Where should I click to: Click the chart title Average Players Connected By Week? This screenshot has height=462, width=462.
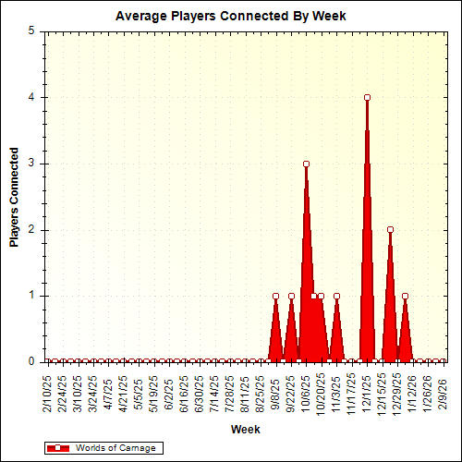231,17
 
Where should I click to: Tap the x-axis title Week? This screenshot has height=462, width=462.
246,429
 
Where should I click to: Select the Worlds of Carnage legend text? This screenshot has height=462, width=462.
108,447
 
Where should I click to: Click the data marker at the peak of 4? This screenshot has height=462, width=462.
367,97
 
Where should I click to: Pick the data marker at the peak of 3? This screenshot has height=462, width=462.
306,164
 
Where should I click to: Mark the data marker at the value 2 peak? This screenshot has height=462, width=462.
390,229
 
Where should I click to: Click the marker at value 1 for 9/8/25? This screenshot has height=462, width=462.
275,296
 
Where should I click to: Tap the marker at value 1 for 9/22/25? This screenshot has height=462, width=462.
291,296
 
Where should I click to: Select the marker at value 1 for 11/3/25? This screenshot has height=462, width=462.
336,296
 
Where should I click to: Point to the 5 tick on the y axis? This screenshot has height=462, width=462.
32,30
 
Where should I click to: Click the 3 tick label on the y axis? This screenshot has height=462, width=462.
32,164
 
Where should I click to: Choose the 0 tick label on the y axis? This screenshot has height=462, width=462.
32,362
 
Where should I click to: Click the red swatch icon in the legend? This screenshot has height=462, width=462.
58,447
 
